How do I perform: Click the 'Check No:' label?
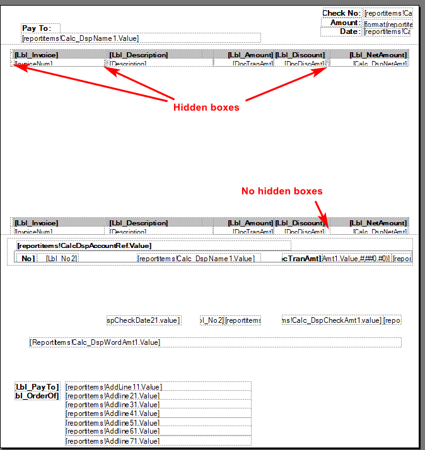341,13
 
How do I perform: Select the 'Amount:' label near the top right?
345,23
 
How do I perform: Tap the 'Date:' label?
350,31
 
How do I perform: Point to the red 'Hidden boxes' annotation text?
206,108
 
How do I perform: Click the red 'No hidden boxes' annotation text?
282,191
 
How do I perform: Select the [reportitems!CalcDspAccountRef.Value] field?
84,245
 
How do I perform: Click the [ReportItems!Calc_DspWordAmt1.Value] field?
95,342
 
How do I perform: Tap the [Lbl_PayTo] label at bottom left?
37,386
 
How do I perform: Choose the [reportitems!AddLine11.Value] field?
114,387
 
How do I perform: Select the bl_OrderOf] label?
37,396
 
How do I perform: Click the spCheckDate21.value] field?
144,320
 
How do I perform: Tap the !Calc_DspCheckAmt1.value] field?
332,320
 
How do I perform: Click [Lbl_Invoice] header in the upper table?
37,55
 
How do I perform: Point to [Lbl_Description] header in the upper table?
139,55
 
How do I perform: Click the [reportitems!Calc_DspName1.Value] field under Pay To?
80,38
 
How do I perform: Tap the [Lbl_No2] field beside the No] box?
61,259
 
